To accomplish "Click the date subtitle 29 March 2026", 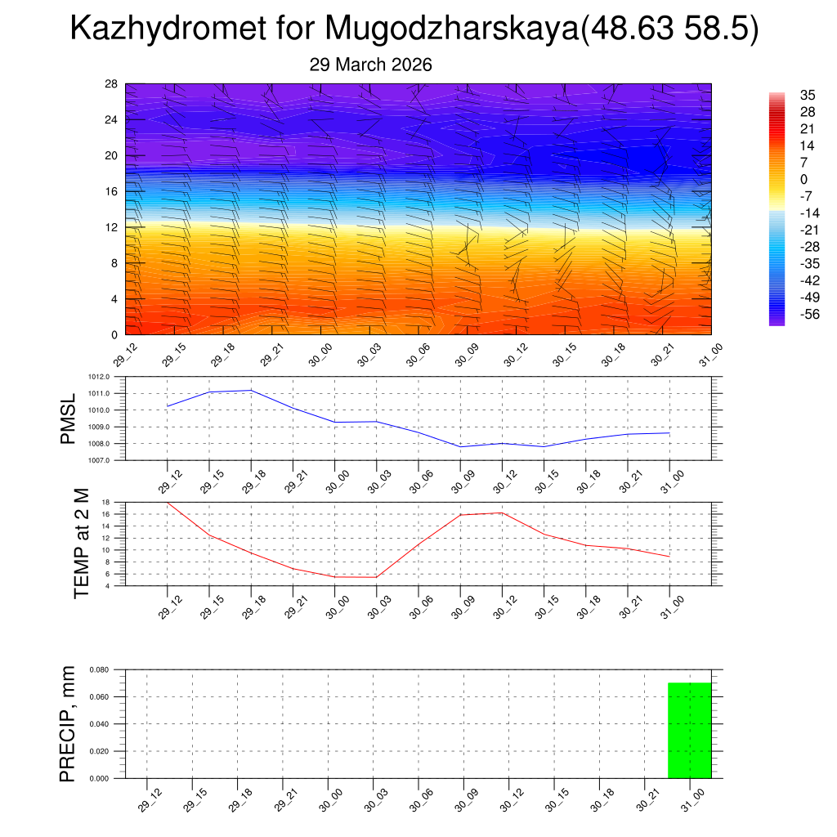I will pos(370,65).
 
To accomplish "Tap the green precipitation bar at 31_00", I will pos(689,730).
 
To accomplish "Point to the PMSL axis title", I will pos(68,418).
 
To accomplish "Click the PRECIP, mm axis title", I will pos(68,723).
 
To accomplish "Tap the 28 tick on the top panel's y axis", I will pos(112,83).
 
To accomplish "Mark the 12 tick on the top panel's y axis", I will pos(112,227).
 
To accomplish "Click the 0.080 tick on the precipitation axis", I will pos(99,669).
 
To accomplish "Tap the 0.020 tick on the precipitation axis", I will pos(99,751).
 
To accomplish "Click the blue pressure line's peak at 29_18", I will pos(251,390).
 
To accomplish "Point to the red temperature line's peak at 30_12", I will pos(502,512).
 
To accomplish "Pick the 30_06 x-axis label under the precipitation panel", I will pos(418,800).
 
